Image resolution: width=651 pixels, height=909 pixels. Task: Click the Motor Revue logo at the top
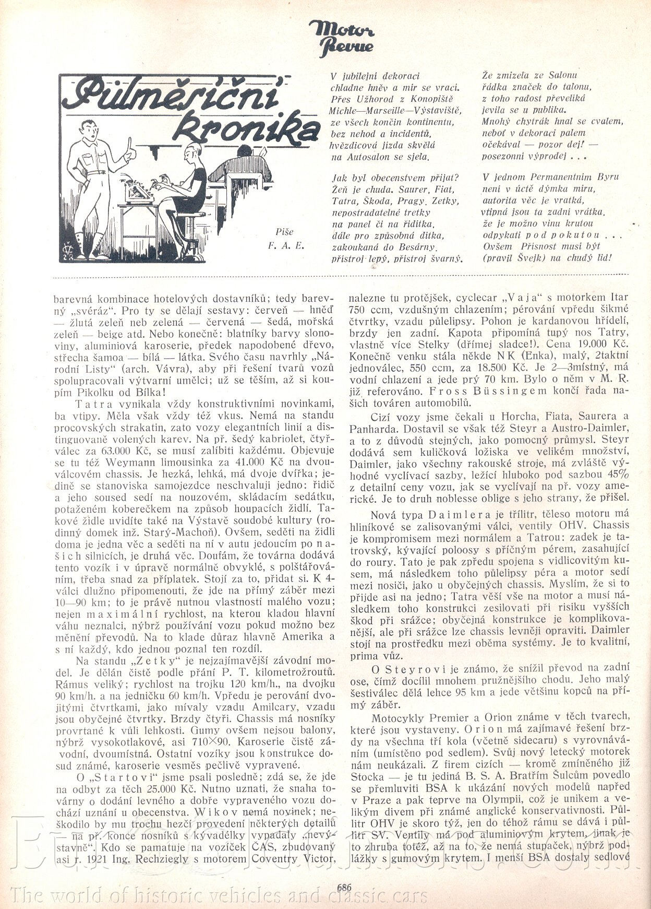tap(341, 36)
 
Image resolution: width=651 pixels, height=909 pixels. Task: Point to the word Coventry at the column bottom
tap(276, 859)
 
